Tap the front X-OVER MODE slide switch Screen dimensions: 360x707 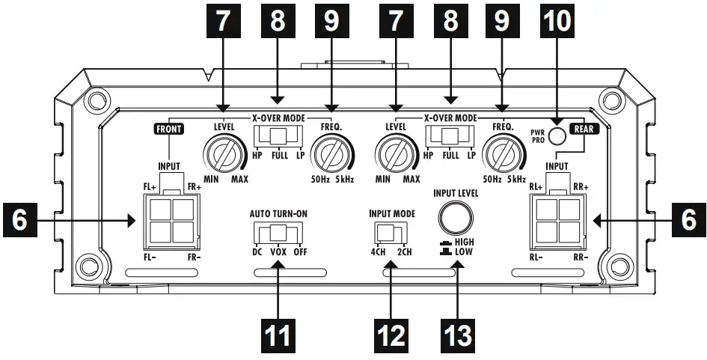click(278, 137)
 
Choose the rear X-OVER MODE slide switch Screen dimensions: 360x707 click(449, 137)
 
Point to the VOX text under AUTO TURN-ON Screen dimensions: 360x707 click(278, 252)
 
